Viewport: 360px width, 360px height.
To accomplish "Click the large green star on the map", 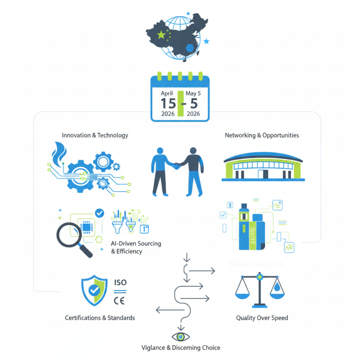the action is click(162, 35).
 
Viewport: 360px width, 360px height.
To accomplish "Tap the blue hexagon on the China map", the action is click(190, 48).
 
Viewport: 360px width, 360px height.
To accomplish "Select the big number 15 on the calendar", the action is click(168, 103).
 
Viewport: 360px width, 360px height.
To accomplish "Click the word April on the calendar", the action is click(166, 94).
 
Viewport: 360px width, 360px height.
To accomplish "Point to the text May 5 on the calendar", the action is click(193, 93).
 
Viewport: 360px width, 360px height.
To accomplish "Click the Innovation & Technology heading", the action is click(95, 135).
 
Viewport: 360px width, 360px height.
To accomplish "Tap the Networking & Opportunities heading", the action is click(262, 135).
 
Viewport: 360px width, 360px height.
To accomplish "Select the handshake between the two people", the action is click(176, 166).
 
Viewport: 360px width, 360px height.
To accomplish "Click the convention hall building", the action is click(263, 166).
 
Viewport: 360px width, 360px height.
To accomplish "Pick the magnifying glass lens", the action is click(69, 235).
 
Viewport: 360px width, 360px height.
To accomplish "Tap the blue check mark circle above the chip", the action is click(99, 213).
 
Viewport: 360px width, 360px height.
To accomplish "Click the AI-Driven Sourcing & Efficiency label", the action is click(136, 247).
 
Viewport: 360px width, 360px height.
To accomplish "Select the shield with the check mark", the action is click(94, 290).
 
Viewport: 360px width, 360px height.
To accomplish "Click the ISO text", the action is click(120, 283).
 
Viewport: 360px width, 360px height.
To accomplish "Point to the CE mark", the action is click(119, 301).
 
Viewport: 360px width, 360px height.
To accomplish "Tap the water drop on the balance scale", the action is click(277, 287).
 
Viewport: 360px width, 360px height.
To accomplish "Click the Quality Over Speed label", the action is click(262, 318).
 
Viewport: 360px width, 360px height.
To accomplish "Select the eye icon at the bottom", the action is click(181, 337).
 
